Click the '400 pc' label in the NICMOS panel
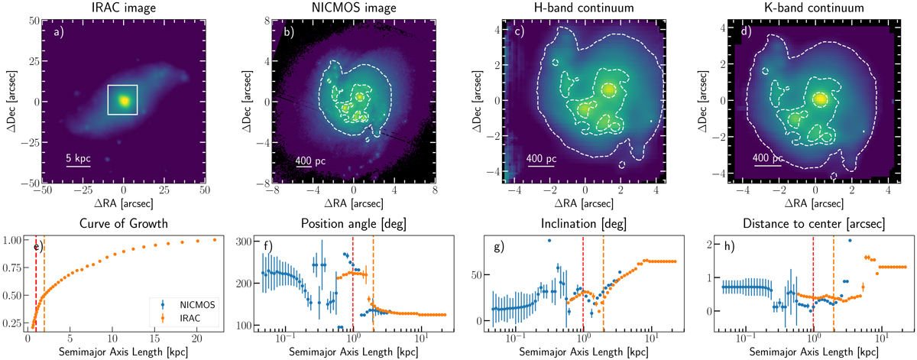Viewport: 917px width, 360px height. pos(309,162)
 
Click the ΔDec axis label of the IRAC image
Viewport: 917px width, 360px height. pos(7,102)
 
